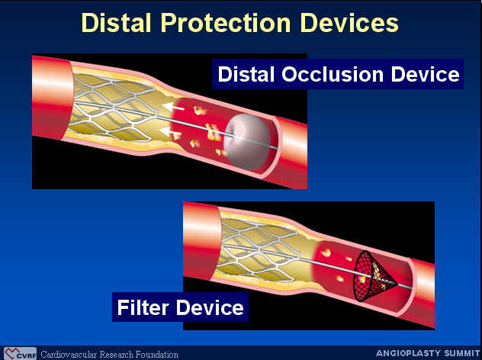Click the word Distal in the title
click(117, 23)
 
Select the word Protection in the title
click(226, 24)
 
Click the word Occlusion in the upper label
click(333, 75)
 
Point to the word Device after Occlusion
click(426, 75)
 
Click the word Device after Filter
click(210, 307)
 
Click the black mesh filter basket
click(374, 276)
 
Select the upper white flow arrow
click(173, 108)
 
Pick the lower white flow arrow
click(169, 132)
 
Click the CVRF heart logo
click(12, 354)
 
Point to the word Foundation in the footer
click(157, 355)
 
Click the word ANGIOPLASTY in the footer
click(407, 353)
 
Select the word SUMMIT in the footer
click(460, 353)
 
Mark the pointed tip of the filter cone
click(397, 284)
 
